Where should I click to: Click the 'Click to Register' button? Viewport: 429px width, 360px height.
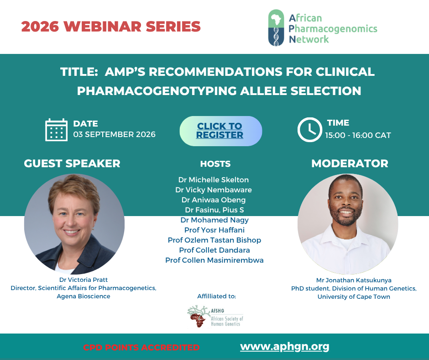coord(220,131)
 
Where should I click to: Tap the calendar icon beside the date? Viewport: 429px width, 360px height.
coord(56,130)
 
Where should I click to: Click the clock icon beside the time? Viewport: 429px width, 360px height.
coord(310,130)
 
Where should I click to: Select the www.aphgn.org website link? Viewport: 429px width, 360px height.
coord(284,347)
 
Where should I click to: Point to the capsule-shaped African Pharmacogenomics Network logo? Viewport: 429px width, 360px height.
coord(276,28)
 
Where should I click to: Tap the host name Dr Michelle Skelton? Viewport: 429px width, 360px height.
coord(214,180)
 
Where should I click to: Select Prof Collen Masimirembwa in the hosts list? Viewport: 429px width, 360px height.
coord(214,260)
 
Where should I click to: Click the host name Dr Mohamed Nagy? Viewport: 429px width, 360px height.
coord(214,220)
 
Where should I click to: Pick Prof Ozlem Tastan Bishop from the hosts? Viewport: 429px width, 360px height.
coord(214,240)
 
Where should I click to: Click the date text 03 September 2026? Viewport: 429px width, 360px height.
coord(114,134)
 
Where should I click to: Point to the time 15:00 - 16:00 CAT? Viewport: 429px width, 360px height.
coord(358,135)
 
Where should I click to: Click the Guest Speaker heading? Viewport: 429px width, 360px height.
coord(72,163)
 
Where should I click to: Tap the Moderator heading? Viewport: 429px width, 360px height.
coord(350,163)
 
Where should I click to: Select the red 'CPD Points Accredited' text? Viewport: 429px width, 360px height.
coord(141,347)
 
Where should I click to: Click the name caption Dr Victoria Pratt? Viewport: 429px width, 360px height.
coord(84,280)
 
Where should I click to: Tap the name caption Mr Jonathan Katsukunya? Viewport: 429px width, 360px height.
coord(354,280)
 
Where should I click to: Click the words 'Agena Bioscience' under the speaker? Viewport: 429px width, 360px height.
coord(84,296)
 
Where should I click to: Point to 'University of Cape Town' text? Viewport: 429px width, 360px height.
coord(354,296)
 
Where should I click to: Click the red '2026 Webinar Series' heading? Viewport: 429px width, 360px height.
coord(111,26)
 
